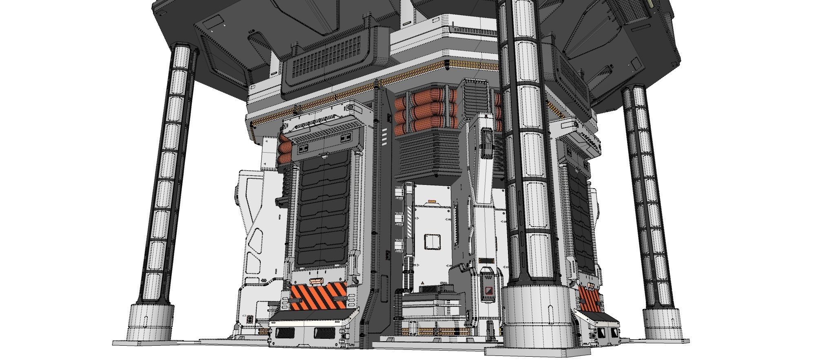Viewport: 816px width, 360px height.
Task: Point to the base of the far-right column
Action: (663, 324)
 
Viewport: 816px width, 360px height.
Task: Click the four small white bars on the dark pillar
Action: (385, 136)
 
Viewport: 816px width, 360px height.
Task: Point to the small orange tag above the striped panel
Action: (315, 281)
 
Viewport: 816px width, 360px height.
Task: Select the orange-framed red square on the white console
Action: (488, 291)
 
